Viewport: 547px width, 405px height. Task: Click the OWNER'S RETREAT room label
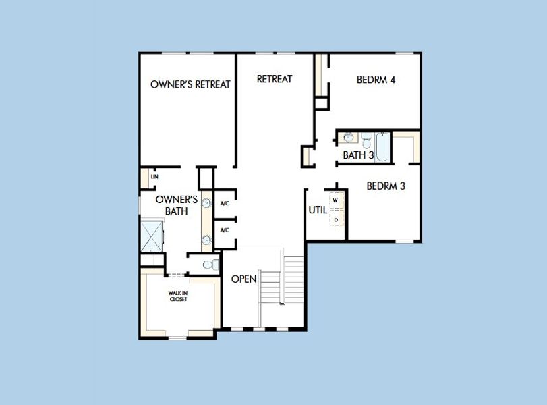point(190,84)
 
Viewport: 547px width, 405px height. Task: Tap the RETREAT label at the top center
point(275,79)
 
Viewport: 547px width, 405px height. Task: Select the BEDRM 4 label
point(376,80)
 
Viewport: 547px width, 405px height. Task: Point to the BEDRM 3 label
point(386,186)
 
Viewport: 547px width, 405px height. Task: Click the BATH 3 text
point(358,155)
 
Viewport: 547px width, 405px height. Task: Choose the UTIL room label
point(318,210)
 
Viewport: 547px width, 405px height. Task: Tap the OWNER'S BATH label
point(176,205)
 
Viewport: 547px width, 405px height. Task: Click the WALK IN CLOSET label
point(178,296)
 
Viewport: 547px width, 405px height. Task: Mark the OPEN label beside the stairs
point(243,279)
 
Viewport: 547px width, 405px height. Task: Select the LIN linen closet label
point(154,177)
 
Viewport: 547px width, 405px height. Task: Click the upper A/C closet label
point(225,203)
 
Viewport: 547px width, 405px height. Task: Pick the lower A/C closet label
point(225,230)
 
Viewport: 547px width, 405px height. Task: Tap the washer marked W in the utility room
point(335,200)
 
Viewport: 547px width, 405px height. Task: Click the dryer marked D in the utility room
point(335,219)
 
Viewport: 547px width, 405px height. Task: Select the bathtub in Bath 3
point(382,146)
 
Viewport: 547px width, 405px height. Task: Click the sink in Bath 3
point(348,138)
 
